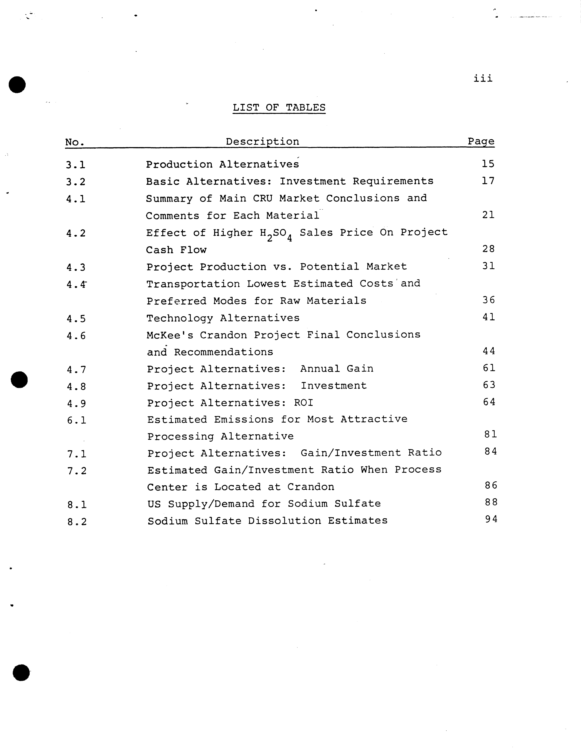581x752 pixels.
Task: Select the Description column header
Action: point(262,142)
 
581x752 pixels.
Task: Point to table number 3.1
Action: point(75,165)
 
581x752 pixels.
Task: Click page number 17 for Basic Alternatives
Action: point(488,181)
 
